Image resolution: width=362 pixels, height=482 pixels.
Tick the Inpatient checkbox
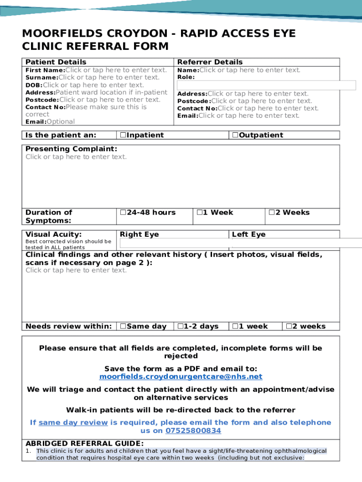[x=123, y=136]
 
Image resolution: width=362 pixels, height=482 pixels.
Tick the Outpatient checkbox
[x=235, y=136]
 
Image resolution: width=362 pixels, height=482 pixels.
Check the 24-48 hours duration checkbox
[x=123, y=213]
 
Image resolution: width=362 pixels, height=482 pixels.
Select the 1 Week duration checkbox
[x=199, y=213]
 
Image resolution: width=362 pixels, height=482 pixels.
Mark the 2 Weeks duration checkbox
[x=271, y=213]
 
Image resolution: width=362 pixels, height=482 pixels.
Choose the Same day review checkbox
[x=123, y=327]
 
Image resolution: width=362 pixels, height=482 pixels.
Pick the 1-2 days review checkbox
[x=180, y=327]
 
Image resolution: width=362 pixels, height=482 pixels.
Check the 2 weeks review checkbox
[x=289, y=327]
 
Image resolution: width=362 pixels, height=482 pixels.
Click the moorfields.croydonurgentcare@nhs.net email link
[x=181, y=377]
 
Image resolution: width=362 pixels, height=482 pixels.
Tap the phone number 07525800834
[x=193, y=431]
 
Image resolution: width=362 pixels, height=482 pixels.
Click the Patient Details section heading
[x=55, y=62]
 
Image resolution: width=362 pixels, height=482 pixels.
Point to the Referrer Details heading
[x=210, y=62]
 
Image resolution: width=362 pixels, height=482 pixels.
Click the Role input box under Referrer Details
[x=266, y=85]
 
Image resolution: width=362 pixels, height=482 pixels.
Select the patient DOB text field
[x=93, y=85]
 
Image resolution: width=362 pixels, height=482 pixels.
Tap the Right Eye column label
[x=139, y=234]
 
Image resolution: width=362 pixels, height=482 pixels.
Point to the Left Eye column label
[x=248, y=234]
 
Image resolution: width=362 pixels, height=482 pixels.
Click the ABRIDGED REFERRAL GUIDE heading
[x=84, y=443]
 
